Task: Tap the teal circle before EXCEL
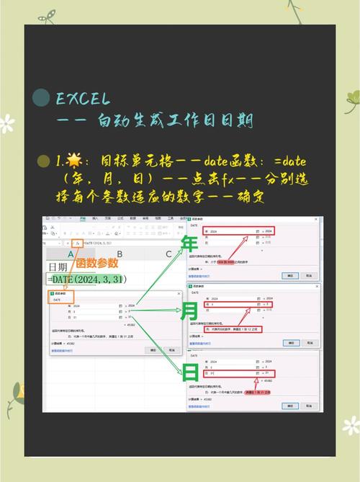(42, 99)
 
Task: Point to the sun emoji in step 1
(74, 161)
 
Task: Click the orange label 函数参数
(97, 263)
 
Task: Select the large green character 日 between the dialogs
(191, 372)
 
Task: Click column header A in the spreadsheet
(71, 254)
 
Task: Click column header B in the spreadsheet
(120, 254)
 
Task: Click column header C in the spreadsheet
(168, 254)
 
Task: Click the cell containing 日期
(60, 267)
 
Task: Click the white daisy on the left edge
(6, 123)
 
